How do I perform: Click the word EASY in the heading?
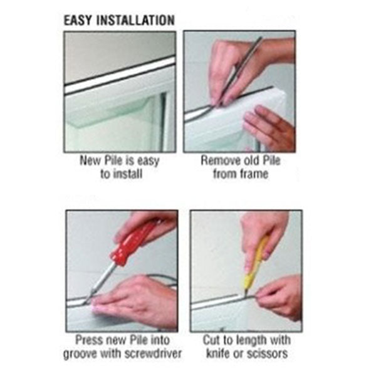pos(78,20)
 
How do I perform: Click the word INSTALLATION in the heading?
pos(135,20)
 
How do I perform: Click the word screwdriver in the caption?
pos(151,353)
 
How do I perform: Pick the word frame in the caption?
pos(254,174)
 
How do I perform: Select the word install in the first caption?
pos(128,174)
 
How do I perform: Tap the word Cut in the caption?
pos(211,340)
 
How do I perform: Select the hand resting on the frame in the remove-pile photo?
pos(269,128)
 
